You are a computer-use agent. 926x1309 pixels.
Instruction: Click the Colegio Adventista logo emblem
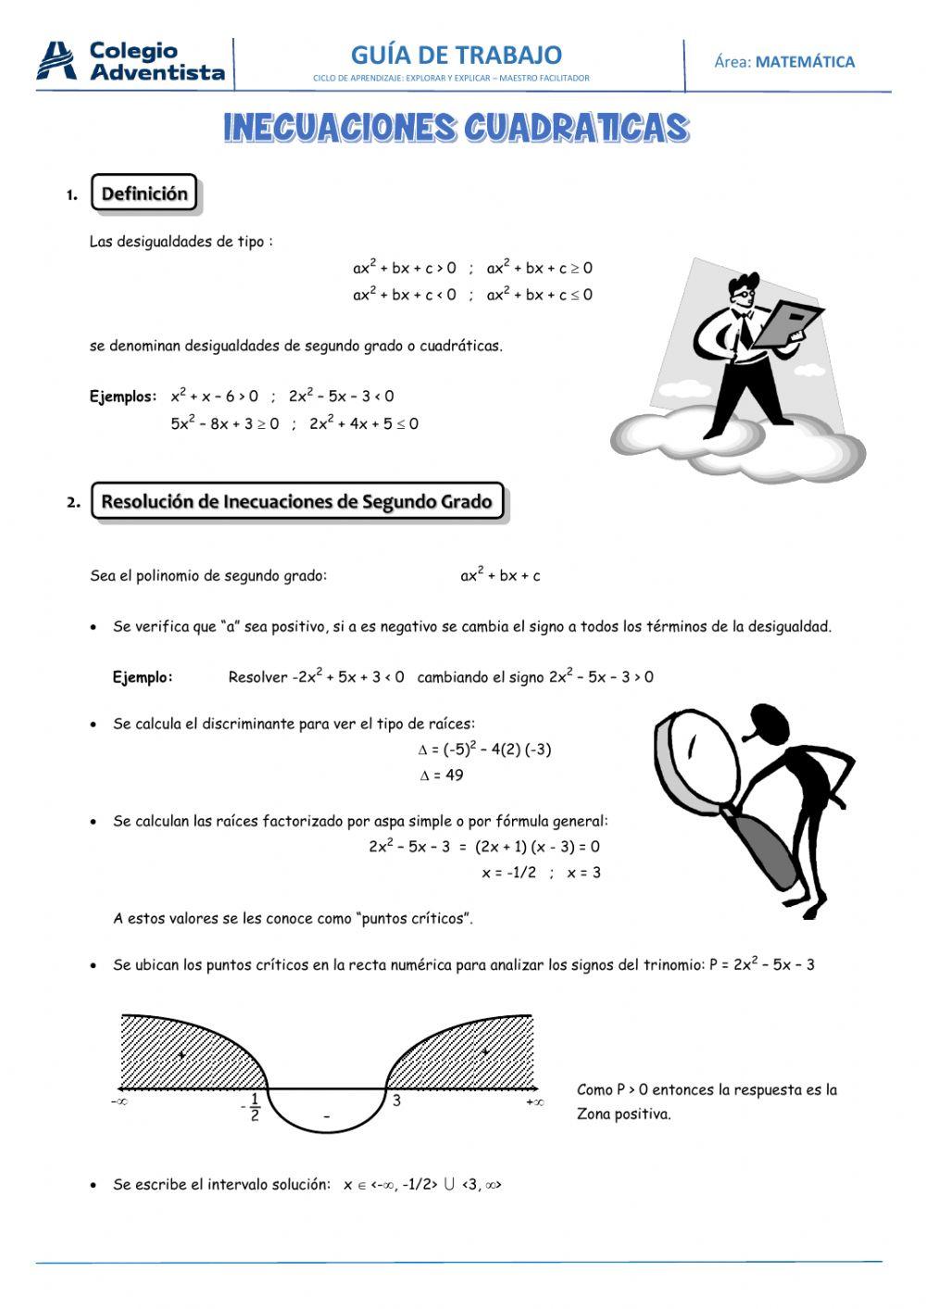(56, 61)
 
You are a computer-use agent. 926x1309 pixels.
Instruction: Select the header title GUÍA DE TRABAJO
(456, 55)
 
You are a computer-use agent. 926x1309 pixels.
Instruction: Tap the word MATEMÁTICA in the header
(805, 62)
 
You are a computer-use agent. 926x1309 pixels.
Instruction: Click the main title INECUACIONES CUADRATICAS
(456, 128)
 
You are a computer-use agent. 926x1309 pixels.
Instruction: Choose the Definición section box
(144, 194)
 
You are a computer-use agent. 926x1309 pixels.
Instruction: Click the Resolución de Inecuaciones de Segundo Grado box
(297, 501)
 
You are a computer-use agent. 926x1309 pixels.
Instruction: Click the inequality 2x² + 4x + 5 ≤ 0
(364, 424)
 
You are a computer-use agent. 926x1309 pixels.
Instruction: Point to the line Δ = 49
(441, 775)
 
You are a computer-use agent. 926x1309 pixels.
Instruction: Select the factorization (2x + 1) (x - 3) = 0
(537, 846)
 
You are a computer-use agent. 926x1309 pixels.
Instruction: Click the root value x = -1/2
(508, 873)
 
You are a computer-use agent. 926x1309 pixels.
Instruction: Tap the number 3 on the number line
(396, 1101)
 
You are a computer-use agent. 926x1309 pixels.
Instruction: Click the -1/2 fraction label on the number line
(252, 1107)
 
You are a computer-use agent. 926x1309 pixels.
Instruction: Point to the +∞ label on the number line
(534, 1102)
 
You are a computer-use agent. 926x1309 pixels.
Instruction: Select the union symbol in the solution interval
(449, 1185)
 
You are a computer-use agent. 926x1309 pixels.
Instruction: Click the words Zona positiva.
(623, 1114)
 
